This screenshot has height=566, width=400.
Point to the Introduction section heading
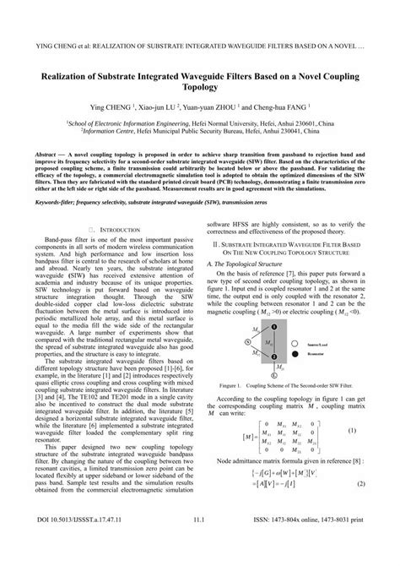point(109,228)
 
